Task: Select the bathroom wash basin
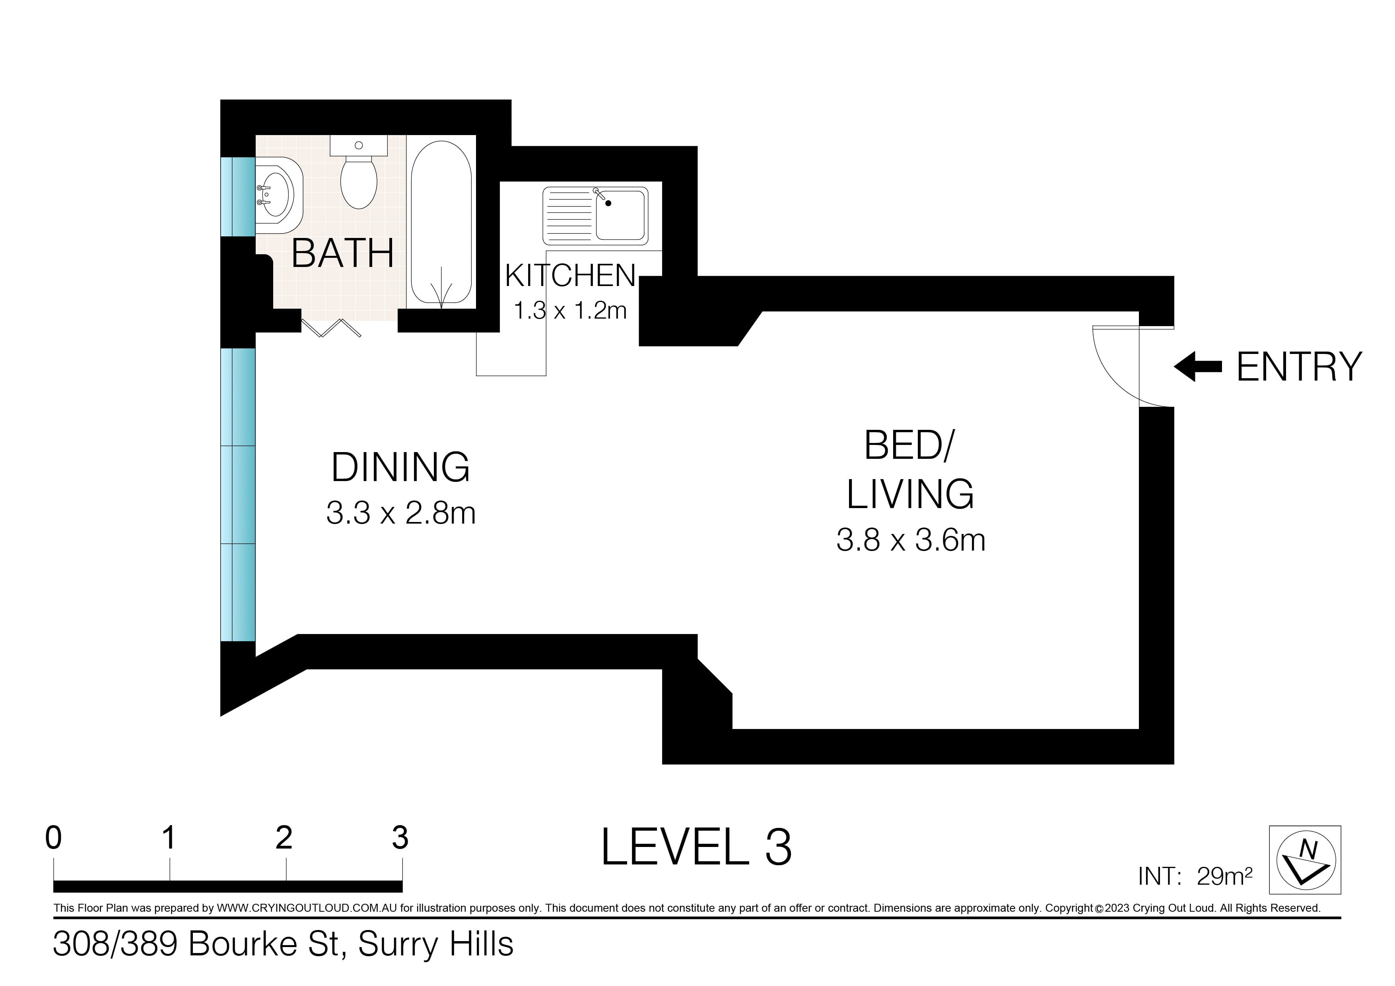tap(279, 195)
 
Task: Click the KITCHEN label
tap(570, 276)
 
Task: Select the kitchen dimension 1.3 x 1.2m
tap(570, 311)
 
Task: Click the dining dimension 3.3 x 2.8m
tap(400, 513)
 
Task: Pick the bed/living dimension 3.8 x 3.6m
tap(910, 540)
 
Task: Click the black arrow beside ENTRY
tap(1197, 367)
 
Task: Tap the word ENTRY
tap(1299, 367)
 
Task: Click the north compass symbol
tap(1305, 860)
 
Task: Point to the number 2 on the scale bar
tap(284, 838)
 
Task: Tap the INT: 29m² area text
tap(1195, 876)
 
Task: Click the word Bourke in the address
tap(263, 944)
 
